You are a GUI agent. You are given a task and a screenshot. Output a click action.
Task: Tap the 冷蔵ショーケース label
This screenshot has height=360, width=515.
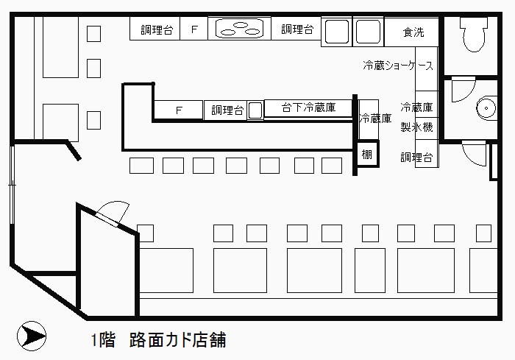pos(398,66)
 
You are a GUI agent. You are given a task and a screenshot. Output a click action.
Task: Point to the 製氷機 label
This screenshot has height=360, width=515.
pos(416,127)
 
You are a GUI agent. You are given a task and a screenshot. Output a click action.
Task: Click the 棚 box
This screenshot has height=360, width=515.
pos(366,155)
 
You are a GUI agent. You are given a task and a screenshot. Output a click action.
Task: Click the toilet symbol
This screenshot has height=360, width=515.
pos(471,33)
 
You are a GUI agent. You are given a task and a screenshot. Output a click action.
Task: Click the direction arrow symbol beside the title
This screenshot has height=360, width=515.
pos(30,336)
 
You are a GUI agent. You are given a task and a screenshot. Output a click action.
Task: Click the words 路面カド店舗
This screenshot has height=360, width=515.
pos(177,340)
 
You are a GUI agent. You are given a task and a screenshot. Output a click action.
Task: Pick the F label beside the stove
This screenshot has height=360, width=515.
pos(195,30)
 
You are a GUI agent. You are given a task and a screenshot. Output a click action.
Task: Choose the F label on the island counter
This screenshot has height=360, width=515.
pos(178,110)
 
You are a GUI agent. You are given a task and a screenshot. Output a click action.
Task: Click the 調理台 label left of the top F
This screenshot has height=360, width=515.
pos(157,30)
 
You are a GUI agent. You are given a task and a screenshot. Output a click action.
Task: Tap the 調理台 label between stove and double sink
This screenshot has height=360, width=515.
pos(298,30)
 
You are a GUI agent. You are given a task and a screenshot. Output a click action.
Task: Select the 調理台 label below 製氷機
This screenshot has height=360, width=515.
pos(416,157)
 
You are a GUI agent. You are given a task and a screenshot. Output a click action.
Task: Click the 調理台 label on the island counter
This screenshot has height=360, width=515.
pos(227,110)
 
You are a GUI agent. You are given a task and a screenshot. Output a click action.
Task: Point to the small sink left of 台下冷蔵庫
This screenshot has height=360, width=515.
pos(255,110)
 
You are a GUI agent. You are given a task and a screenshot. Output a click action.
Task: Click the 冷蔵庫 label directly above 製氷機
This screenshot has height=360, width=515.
pos(416,107)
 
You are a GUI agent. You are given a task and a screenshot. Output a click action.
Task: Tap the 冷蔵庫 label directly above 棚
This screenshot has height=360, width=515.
pos(375,118)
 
